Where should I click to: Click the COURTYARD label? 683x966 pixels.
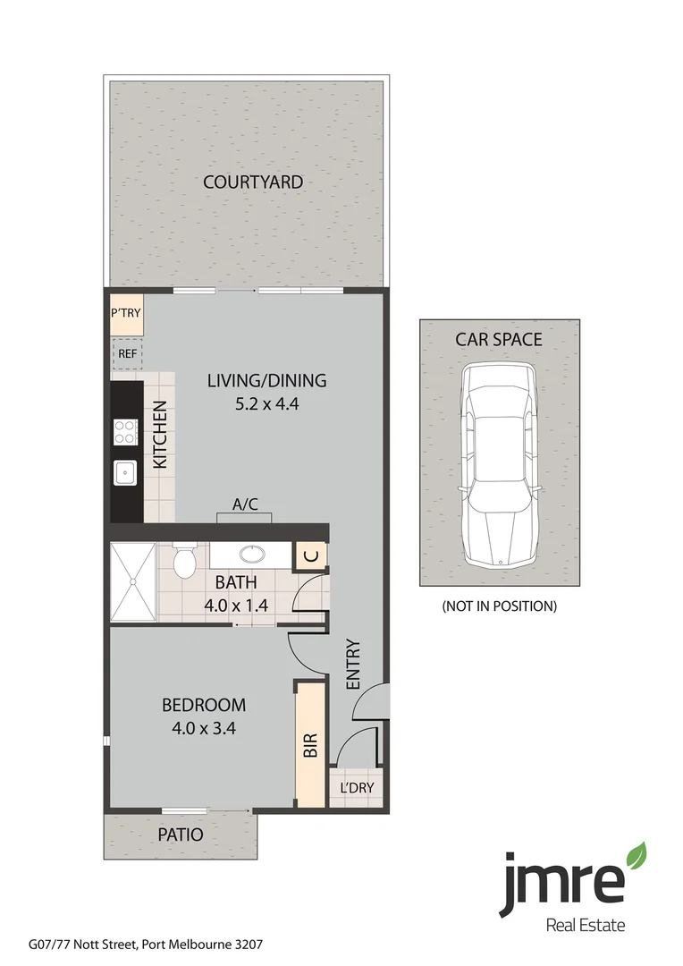point(252,182)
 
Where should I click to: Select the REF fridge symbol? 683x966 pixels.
point(127,353)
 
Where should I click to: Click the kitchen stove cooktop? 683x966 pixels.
point(125,433)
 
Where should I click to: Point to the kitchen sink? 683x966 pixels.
point(125,471)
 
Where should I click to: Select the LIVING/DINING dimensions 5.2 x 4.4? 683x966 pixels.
point(266,403)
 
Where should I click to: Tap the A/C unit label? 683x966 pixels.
point(245,504)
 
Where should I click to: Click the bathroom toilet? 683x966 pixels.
point(185,563)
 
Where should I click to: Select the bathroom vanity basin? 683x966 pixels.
point(251,555)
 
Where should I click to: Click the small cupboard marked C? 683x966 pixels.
point(310,555)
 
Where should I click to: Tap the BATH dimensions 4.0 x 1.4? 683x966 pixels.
point(236,604)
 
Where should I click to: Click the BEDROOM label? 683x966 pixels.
point(203,705)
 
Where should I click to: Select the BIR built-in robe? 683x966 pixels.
point(310,745)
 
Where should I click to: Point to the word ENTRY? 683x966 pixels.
point(352,664)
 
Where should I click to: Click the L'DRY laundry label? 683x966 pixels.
point(357,788)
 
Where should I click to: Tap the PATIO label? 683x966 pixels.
point(181,835)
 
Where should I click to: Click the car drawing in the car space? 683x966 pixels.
point(499,465)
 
